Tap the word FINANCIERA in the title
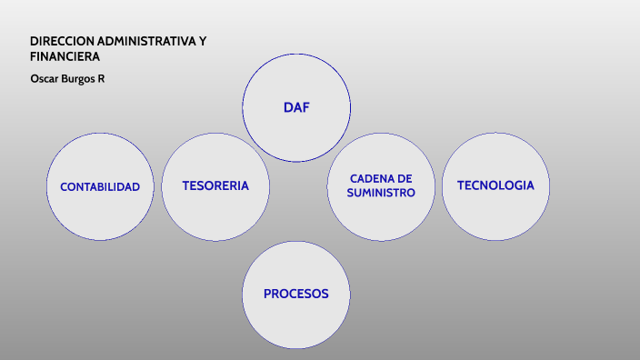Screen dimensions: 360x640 (x=65, y=56)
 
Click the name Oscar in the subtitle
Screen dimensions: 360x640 (x=45, y=78)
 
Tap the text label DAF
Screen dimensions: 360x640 (x=296, y=107)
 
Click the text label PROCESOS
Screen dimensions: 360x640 (x=295, y=294)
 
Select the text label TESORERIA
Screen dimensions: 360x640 (x=215, y=185)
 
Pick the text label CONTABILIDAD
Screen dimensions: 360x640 (x=100, y=186)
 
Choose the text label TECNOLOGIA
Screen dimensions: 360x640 (x=495, y=185)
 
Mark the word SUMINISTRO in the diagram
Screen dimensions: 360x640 (x=381, y=193)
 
